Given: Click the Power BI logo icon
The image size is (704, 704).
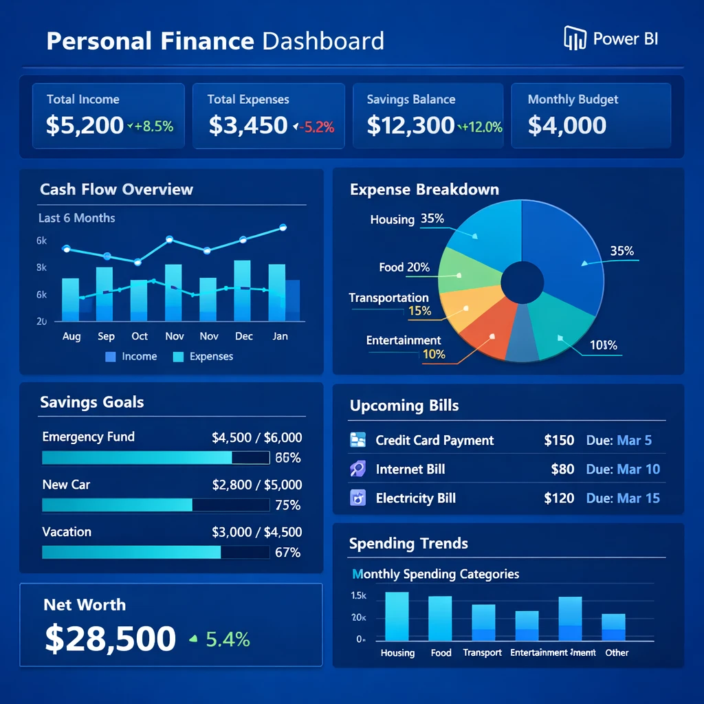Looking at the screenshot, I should (x=574, y=38).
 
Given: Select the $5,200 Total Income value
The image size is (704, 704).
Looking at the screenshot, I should (x=85, y=125).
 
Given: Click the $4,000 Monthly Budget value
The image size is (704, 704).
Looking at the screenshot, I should (x=567, y=125).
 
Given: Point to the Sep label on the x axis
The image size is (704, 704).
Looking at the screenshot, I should (x=106, y=336).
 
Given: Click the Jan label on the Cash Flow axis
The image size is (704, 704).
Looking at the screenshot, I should (x=280, y=336).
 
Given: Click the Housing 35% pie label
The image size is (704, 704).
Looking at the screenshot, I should (x=407, y=219).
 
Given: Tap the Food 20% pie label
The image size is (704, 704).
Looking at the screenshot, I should (x=404, y=267).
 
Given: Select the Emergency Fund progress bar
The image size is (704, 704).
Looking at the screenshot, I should (x=155, y=458).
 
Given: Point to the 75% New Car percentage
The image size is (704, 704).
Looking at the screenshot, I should (x=287, y=505).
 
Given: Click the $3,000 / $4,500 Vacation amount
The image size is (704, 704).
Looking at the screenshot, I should (x=257, y=532).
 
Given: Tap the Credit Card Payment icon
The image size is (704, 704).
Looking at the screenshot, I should (x=358, y=440).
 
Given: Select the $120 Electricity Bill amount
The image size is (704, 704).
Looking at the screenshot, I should (x=559, y=498).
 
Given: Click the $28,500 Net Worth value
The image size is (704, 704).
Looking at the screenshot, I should (x=110, y=639).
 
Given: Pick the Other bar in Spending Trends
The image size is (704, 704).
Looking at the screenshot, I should (x=613, y=627).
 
